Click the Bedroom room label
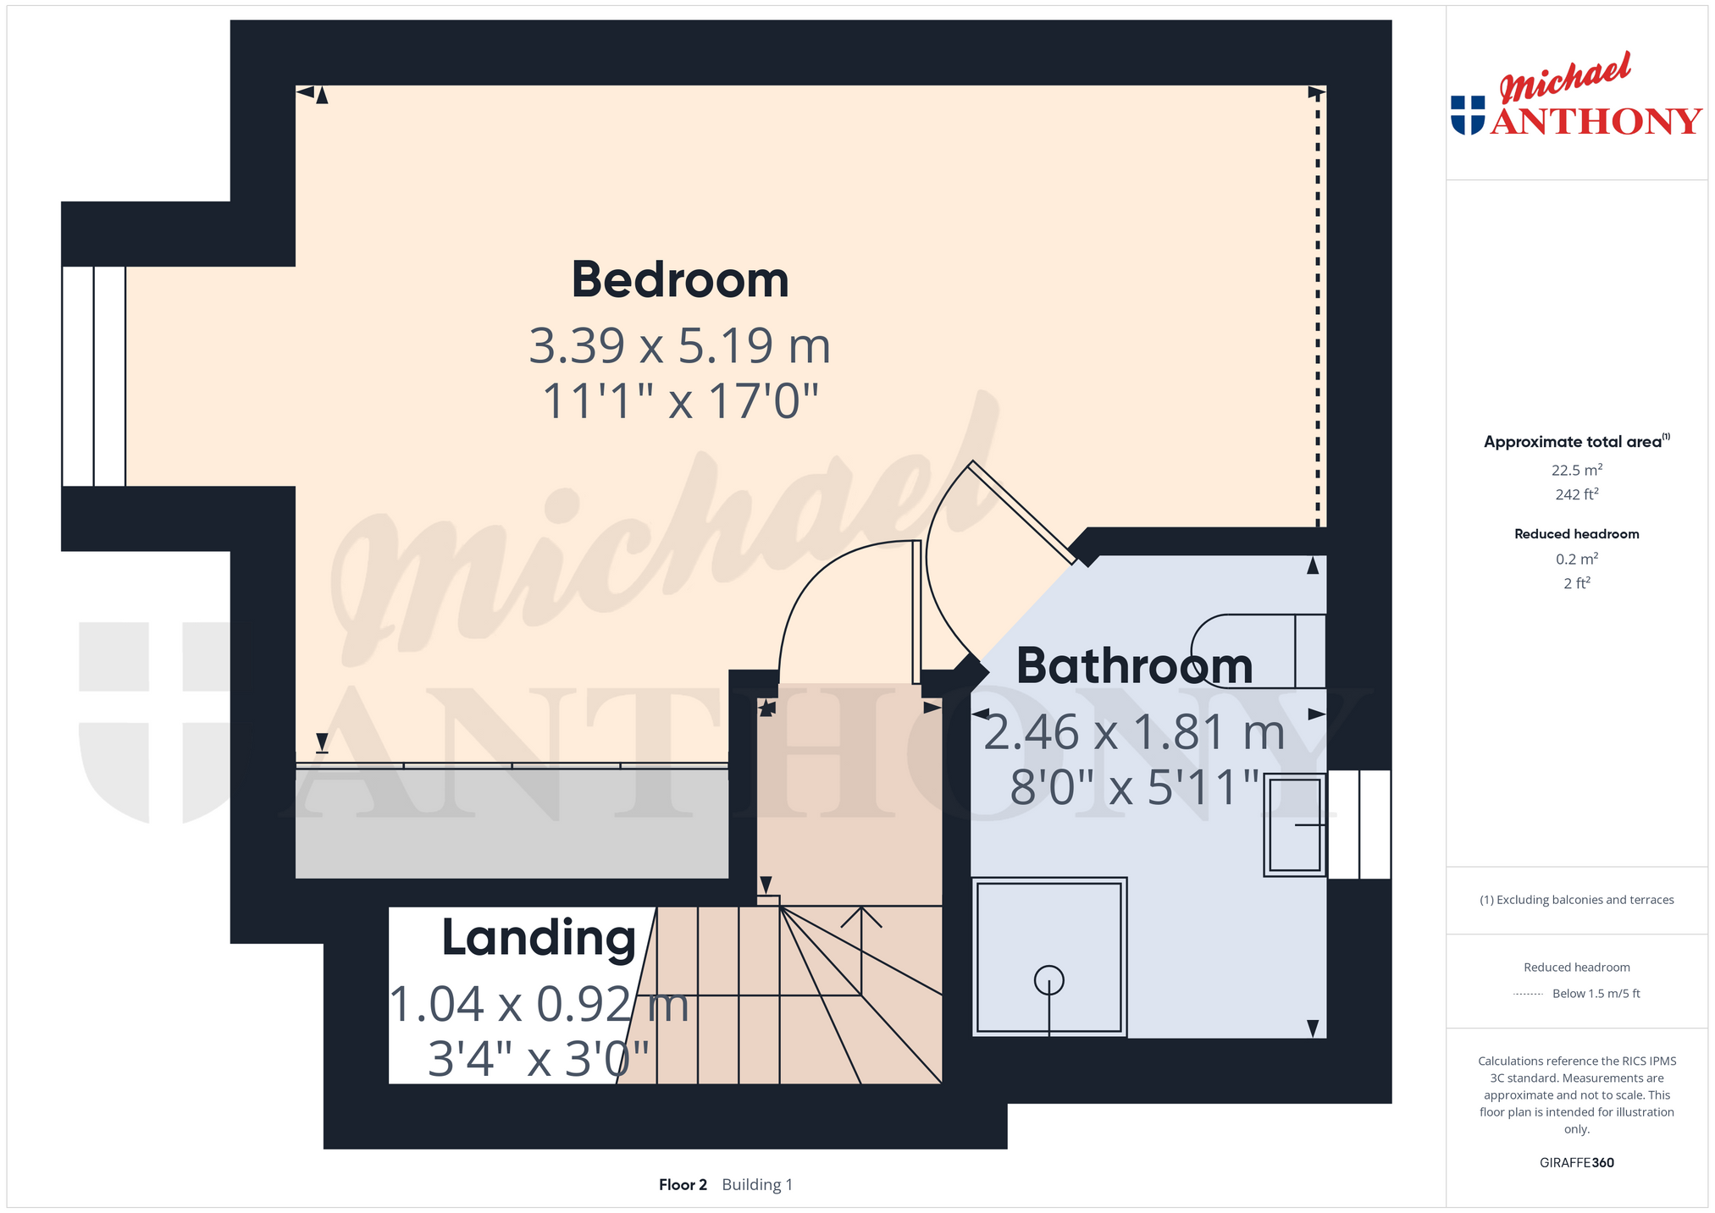click(680, 279)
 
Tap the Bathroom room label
click(1134, 665)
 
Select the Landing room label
click(539, 939)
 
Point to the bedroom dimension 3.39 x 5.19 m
click(680, 345)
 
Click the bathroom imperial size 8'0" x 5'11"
click(1135, 788)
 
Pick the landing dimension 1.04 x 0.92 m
click(539, 1005)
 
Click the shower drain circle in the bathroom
click(1049, 980)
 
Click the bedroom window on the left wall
click(94, 376)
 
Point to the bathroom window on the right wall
click(1359, 824)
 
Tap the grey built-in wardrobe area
click(512, 823)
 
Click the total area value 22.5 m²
click(1577, 470)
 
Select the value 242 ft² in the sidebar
click(1577, 494)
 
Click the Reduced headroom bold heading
click(1577, 534)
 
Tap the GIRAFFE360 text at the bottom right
click(1577, 1162)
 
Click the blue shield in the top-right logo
click(1468, 115)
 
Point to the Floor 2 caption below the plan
click(683, 1184)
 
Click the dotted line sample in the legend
click(1528, 995)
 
